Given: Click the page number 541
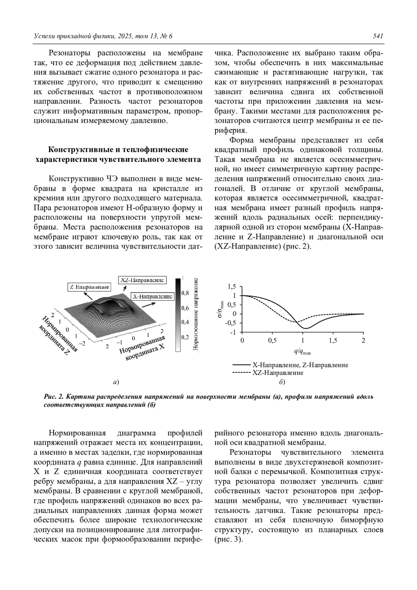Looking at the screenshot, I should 378,36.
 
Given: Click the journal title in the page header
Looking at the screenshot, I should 103,36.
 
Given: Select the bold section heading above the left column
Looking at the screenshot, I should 118,155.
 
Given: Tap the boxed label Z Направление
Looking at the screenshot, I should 89,287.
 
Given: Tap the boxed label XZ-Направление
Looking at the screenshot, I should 142,280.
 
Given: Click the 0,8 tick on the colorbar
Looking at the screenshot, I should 185,293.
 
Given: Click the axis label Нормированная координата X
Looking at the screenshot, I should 143,349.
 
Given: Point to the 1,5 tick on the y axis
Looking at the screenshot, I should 232,287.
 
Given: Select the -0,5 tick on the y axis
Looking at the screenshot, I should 231,323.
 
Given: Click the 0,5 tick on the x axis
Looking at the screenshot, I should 272,341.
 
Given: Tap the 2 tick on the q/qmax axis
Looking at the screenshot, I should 363,341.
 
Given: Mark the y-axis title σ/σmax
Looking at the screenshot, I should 221,309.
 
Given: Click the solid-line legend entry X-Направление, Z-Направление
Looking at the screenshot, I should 300,365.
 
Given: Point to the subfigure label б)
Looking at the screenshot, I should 282,383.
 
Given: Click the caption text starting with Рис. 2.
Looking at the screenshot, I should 208,401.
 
